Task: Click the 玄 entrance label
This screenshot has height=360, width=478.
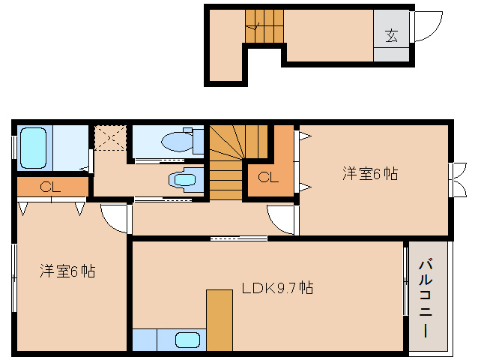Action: coord(391,36)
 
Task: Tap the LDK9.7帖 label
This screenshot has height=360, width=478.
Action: coord(277,288)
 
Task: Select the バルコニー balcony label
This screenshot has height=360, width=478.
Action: coord(426,298)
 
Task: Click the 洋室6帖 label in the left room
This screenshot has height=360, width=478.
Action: coord(67,271)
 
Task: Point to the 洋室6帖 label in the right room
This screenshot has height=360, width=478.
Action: coord(370,173)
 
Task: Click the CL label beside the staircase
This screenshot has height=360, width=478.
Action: coord(268,177)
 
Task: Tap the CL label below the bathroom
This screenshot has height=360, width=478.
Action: coord(50,187)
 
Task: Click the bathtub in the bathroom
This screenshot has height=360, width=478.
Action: coord(34,148)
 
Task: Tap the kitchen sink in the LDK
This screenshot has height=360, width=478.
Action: coord(187,340)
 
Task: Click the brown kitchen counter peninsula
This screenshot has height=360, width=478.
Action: coord(220,320)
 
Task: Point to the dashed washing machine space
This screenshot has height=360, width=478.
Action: coord(110,137)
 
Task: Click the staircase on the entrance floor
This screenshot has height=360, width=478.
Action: coord(264,26)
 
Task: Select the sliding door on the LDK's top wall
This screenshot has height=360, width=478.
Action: coord(239,238)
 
